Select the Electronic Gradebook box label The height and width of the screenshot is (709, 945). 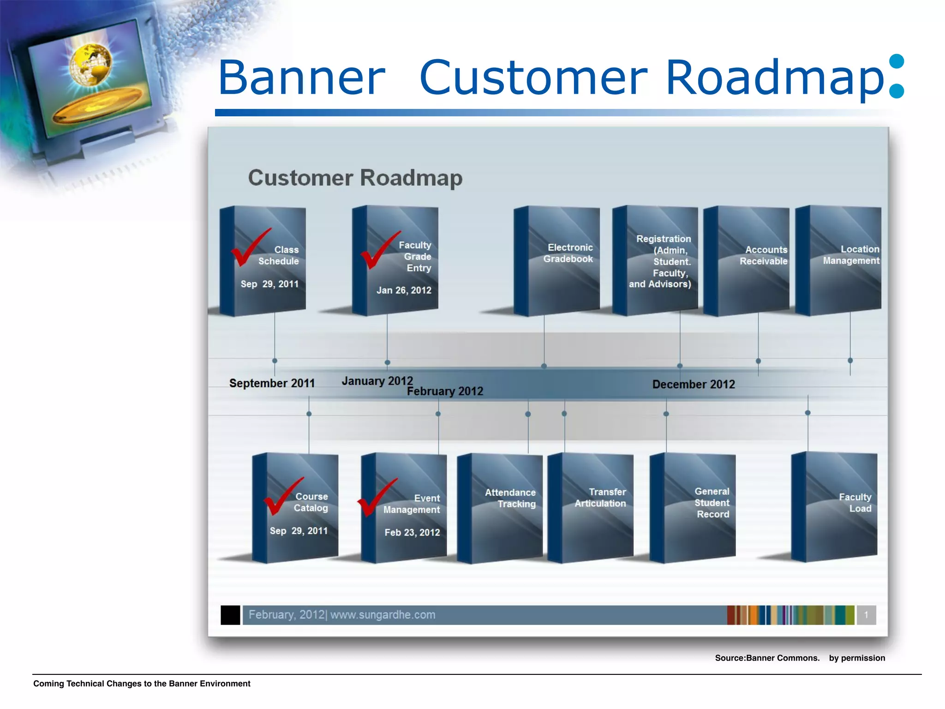(568, 253)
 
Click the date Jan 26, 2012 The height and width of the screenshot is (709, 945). (404, 290)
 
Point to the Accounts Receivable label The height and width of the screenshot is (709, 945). (764, 255)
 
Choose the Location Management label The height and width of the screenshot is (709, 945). (851, 255)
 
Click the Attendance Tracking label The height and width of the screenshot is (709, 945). (510, 499)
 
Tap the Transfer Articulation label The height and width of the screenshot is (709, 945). (600, 498)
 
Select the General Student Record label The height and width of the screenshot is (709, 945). (712, 503)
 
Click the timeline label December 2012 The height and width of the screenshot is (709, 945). (693, 385)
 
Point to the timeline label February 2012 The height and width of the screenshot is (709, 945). (445, 391)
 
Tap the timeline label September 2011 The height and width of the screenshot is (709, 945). (272, 383)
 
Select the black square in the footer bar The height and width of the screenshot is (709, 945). (230, 615)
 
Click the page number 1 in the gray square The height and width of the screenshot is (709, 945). (866, 615)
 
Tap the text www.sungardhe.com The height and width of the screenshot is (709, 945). (383, 615)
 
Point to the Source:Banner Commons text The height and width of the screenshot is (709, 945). (767, 658)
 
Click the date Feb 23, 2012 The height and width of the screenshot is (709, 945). (412, 533)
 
